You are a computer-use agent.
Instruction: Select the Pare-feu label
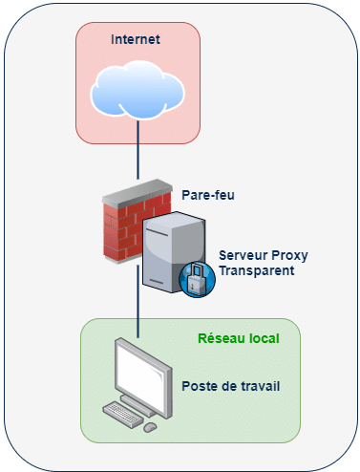click(208, 195)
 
